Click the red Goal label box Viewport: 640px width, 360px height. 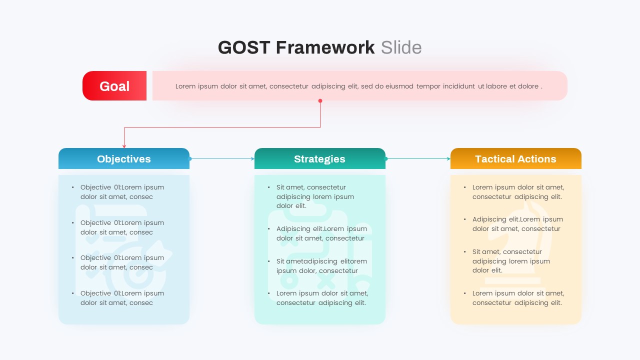pos(114,86)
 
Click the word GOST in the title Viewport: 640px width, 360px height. pos(244,47)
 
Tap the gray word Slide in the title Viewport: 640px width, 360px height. pos(401,47)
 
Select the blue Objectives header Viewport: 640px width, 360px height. pos(124,159)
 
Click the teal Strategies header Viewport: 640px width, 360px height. pos(320,159)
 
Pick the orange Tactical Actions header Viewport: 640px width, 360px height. pos(515,159)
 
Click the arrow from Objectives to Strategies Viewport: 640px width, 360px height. pos(222,159)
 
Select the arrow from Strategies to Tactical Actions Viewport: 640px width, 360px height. pos(418,159)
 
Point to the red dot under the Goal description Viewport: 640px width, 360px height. pos(320,101)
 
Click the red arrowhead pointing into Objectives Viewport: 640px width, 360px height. pos(124,146)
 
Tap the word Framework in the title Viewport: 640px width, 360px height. pos(325,47)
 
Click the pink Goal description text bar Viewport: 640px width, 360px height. pos(359,86)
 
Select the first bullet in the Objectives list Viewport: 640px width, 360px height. pos(122,192)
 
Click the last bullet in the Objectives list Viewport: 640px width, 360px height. pos(122,298)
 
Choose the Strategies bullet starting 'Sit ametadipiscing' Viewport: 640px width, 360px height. pos(321,266)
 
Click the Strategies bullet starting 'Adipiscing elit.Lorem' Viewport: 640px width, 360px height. pos(321,233)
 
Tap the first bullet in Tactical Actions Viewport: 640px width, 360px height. pos(518,192)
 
